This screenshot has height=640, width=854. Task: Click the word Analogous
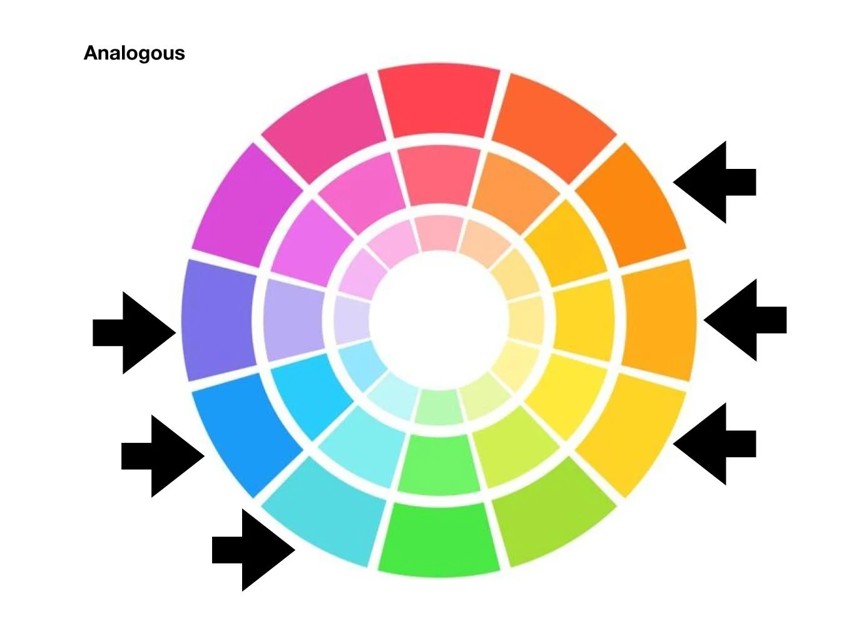[x=134, y=53]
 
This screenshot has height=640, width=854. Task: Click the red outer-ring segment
[x=439, y=100]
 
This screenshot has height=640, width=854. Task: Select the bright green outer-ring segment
[x=439, y=539]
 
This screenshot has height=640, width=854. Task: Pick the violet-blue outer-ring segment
[x=218, y=320]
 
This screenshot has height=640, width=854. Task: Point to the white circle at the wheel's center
[x=439, y=320]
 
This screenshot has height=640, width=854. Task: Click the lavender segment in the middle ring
[x=292, y=320]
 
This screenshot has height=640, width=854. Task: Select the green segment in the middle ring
[x=439, y=464]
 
